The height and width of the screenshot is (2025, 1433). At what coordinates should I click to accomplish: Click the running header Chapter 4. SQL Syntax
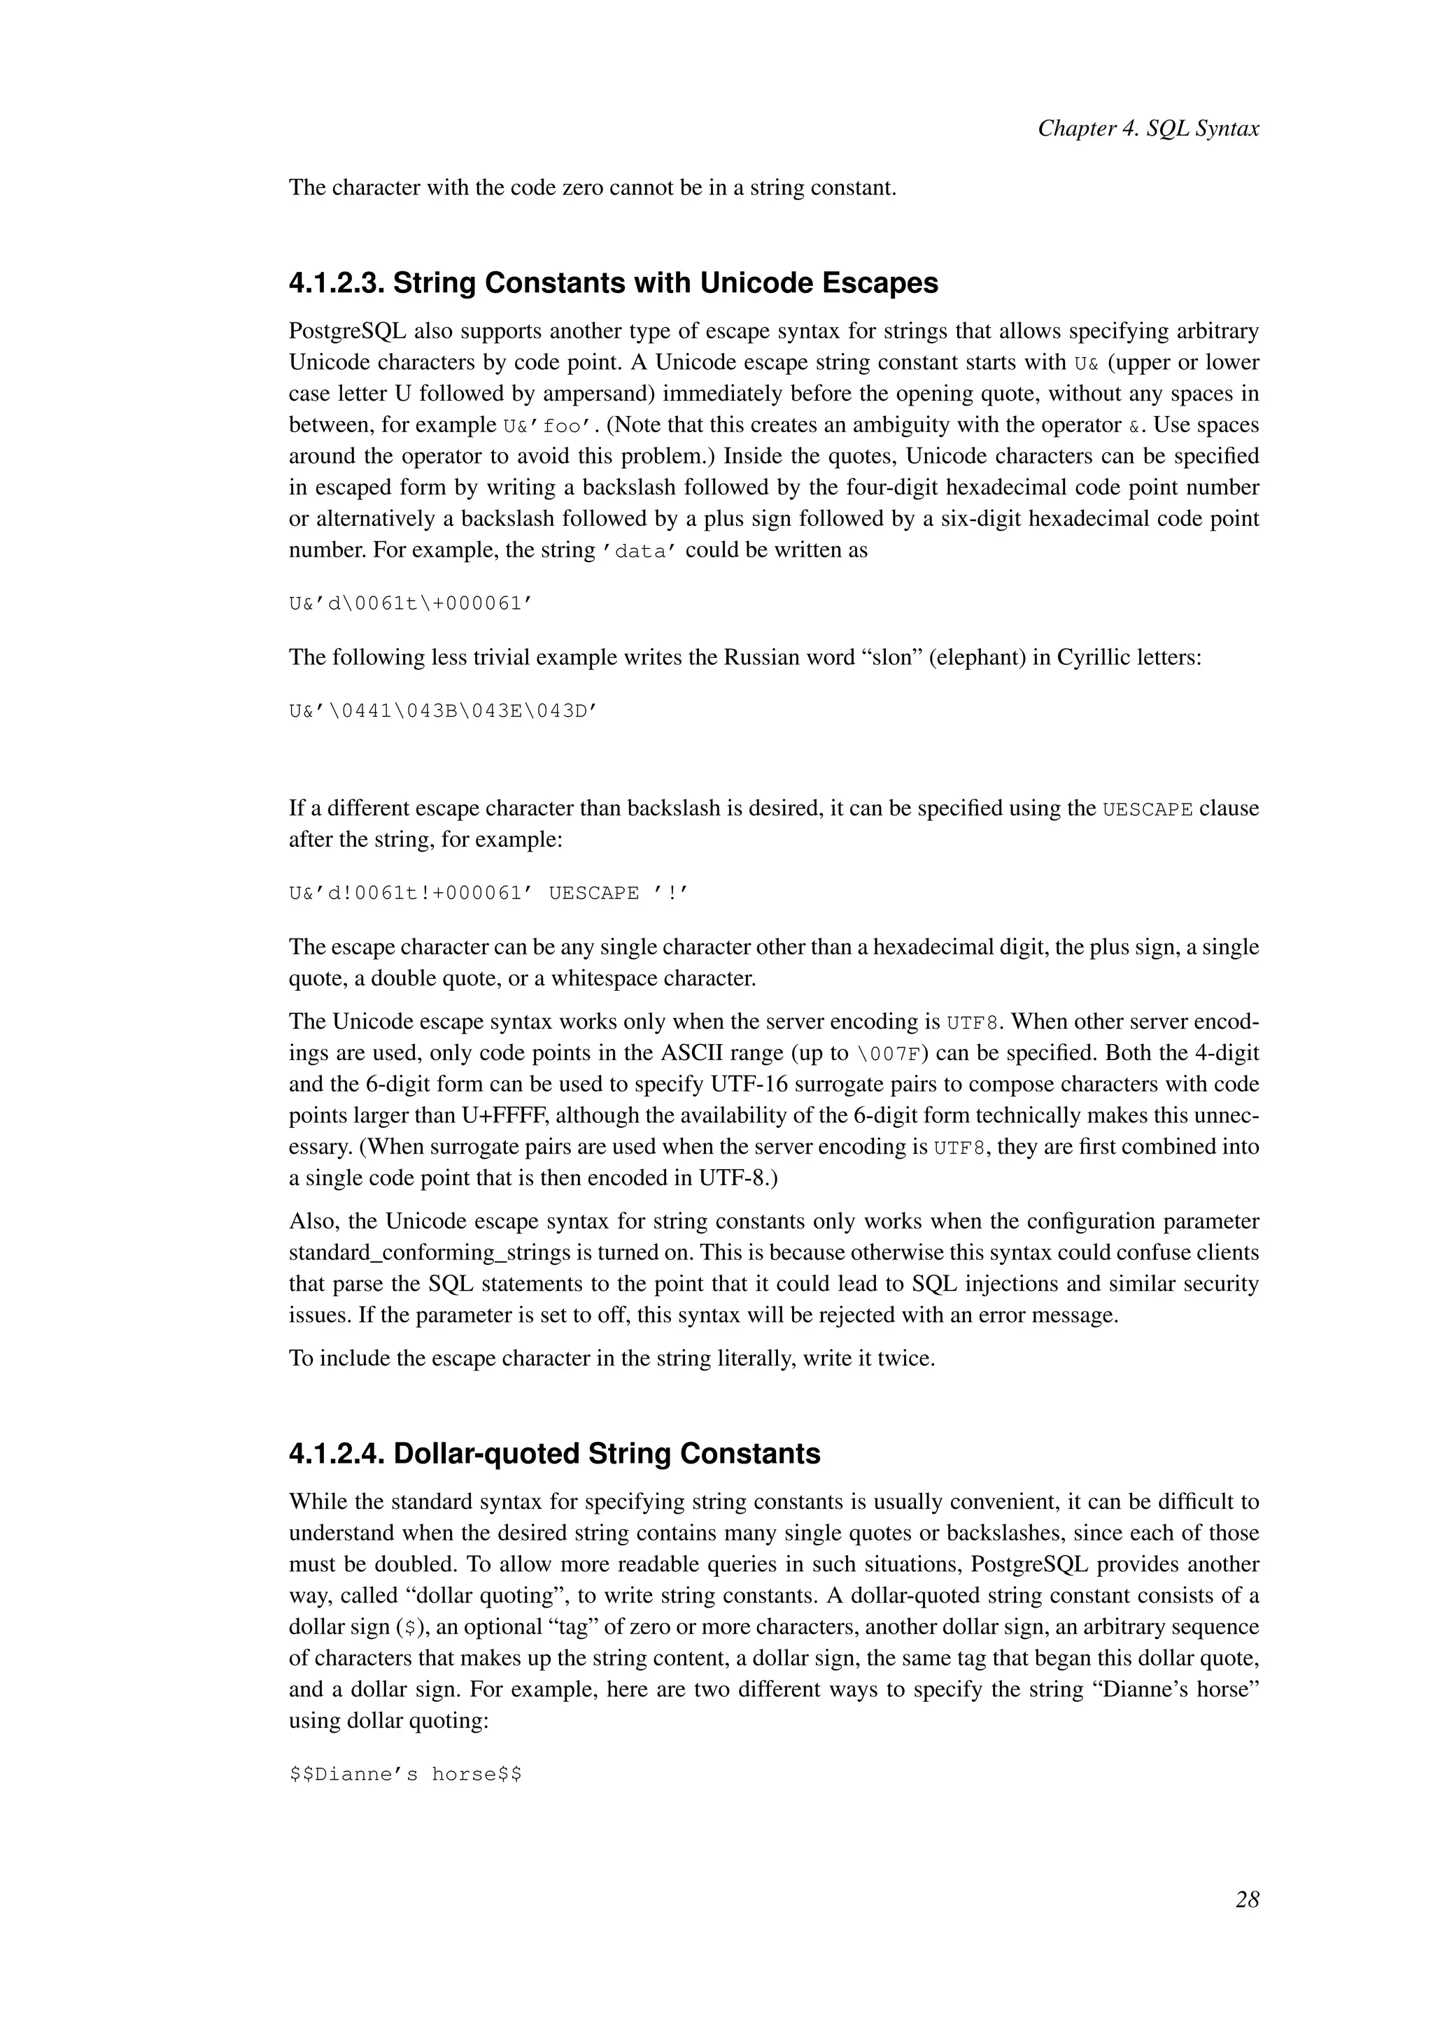1148,129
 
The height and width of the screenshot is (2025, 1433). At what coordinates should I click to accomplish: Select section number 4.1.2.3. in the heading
336,283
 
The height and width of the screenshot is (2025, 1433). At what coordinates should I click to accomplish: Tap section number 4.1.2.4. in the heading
336,1454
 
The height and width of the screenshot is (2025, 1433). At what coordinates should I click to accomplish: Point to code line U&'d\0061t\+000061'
412,604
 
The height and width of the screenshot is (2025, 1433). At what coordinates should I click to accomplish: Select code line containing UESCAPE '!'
488,894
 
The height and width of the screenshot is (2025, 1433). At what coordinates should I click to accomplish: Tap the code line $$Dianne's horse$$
405,1775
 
